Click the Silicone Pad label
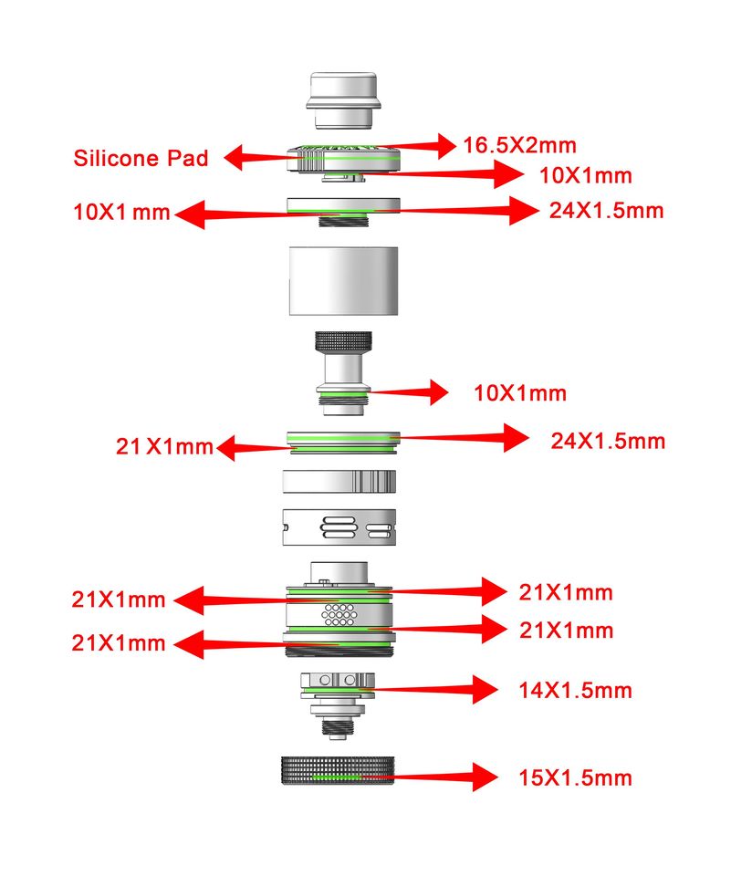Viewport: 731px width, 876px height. click(141, 158)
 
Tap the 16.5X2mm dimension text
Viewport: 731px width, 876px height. click(520, 145)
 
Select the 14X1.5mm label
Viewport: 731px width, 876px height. click(575, 691)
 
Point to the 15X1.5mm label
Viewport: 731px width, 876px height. click(575, 777)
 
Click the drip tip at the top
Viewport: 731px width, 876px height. click(343, 99)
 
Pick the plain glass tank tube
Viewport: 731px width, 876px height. click(343, 280)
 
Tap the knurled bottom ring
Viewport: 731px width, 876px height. click(338, 770)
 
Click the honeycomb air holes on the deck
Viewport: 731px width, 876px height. click(339, 614)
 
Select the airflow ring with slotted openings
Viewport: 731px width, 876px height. click(339, 527)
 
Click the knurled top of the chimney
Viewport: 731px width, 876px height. click(343, 340)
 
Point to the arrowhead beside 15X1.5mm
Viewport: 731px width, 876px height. click(485, 777)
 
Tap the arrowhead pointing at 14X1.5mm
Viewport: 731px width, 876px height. click(485, 690)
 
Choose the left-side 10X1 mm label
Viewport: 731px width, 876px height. click(121, 213)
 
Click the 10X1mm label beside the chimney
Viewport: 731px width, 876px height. click(520, 393)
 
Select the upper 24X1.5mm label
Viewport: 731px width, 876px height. click(606, 211)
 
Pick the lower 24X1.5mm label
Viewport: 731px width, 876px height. click(608, 442)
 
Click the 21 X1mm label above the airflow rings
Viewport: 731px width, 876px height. click(164, 447)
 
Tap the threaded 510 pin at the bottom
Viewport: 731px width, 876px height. click(337, 727)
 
